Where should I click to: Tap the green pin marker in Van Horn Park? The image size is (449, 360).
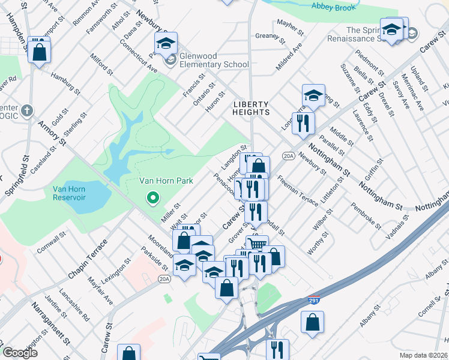pos(153,197)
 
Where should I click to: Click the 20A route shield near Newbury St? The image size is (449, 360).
pos(288,156)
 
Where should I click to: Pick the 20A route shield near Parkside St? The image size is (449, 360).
pos(165,279)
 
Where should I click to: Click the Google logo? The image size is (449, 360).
pos(20,353)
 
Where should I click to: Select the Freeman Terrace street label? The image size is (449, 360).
pos(298,191)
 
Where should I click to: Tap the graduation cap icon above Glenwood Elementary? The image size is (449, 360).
pos(166,44)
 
